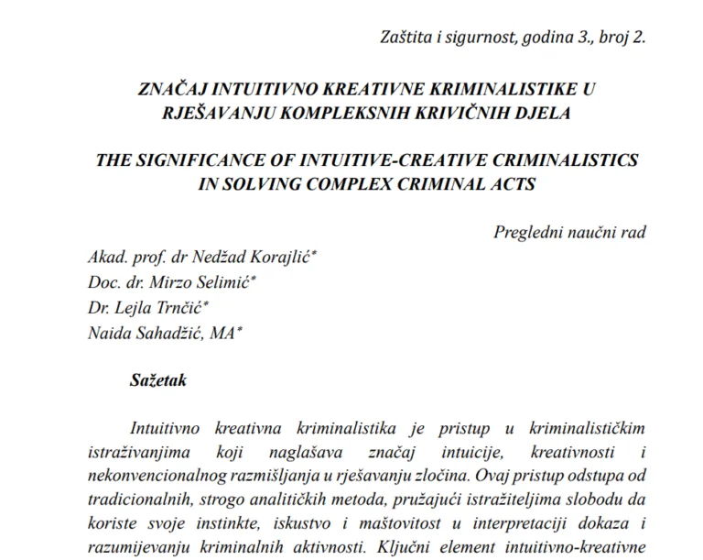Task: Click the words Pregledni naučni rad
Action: coord(569,231)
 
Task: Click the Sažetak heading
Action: coord(157,380)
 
